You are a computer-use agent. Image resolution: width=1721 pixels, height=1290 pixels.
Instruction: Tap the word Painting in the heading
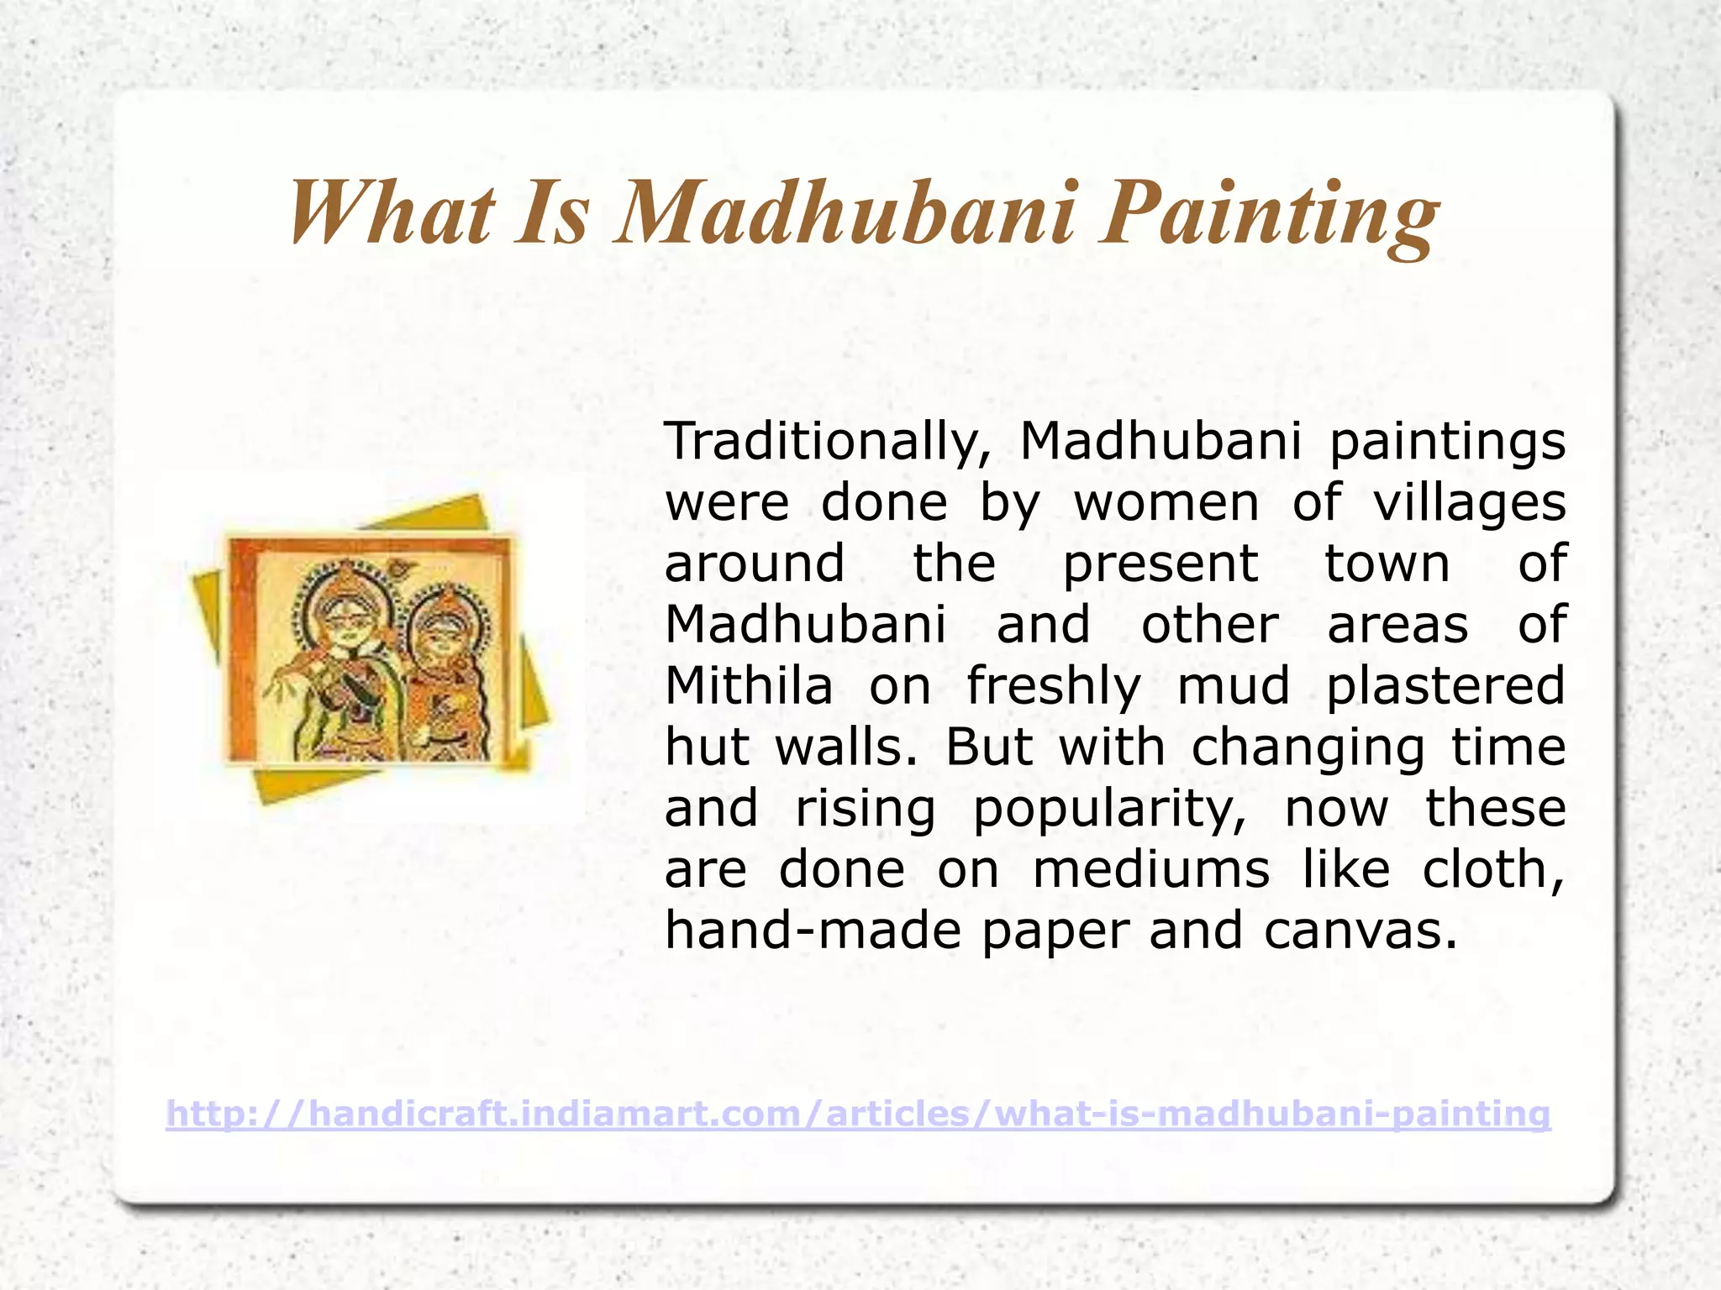click(1269, 214)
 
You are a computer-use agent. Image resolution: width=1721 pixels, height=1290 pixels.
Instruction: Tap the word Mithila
click(748, 686)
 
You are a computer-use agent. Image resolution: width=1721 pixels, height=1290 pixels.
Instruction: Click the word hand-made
click(812, 931)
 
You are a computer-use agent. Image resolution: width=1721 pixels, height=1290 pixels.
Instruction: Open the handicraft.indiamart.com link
click(858, 1114)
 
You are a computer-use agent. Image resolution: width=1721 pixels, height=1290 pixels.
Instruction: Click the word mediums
click(1150, 869)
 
